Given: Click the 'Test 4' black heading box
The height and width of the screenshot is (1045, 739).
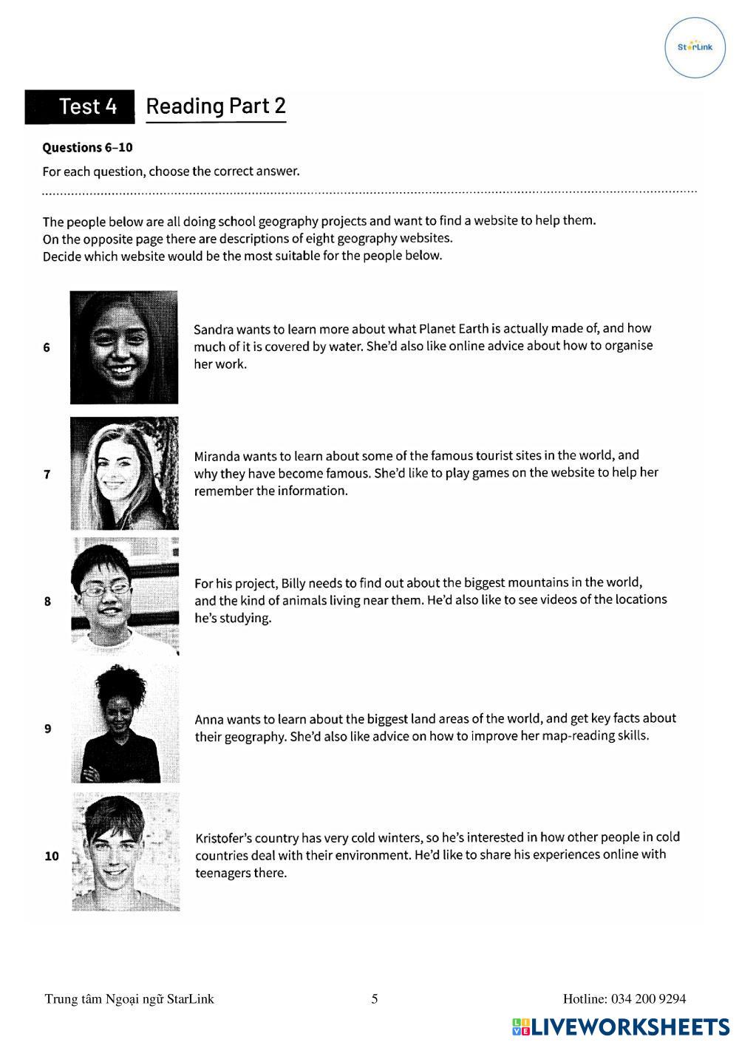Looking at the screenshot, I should point(81,106).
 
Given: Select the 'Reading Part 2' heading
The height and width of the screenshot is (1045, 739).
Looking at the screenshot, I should point(216,106).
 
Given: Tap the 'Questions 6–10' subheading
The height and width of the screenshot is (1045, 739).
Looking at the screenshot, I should point(87,147).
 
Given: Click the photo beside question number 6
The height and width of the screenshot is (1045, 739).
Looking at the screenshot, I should point(124,347).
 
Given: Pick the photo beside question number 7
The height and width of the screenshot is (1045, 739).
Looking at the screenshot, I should point(124,474).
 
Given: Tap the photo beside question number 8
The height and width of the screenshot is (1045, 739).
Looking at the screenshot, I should point(124,596).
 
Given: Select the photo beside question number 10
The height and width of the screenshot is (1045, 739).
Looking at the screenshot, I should point(126,852).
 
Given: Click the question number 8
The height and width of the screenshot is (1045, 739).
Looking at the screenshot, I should point(47,602).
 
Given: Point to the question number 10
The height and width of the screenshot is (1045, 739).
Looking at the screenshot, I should point(52,856).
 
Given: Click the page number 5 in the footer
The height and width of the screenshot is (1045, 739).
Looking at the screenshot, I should point(375,999).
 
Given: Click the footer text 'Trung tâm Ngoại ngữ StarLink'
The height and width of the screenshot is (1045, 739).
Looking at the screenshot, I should point(129,999).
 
